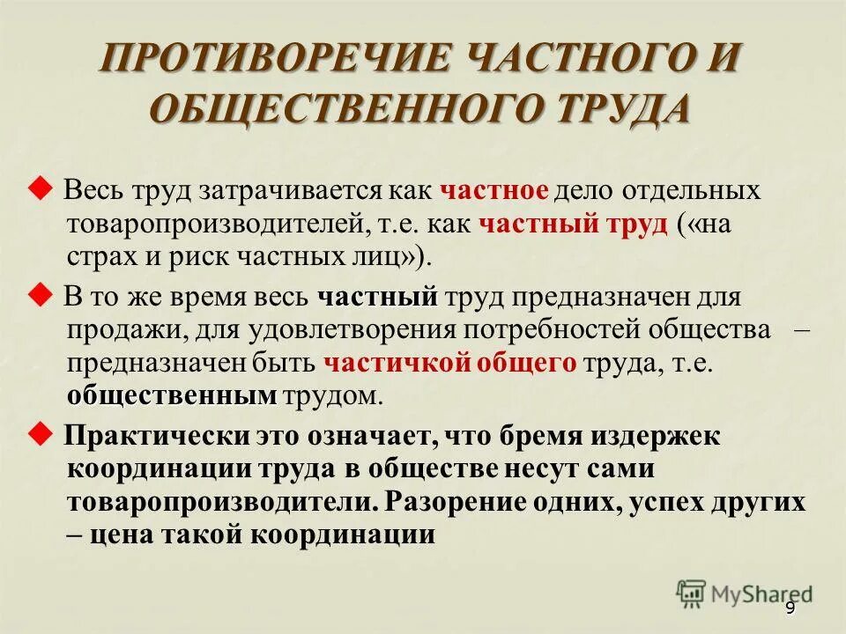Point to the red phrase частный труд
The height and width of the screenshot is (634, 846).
(x=573, y=224)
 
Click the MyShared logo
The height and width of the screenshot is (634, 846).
(x=745, y=593)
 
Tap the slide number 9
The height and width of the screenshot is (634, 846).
(x=790, y=608)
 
